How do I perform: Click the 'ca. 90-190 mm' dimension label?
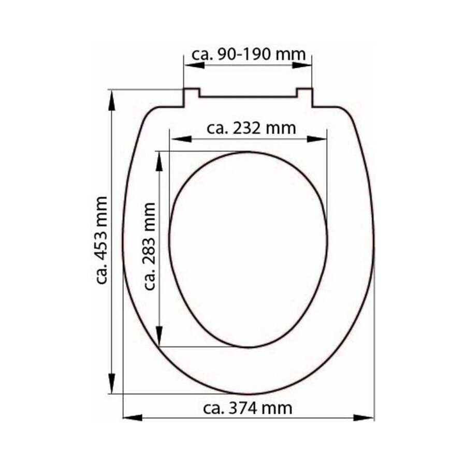(249, 54)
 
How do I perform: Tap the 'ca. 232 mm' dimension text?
(251, 127)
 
